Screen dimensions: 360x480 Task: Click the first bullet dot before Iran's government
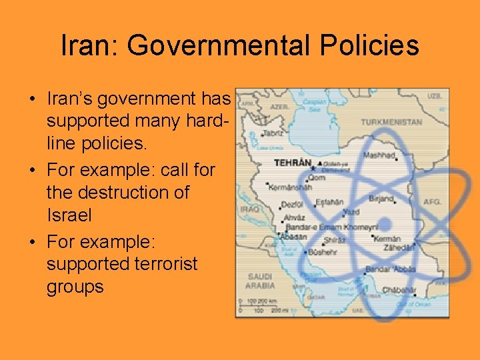[x=32, y=99]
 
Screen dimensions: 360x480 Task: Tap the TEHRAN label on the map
[x=294, y=162]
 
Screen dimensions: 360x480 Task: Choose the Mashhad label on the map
[x=379, y=155]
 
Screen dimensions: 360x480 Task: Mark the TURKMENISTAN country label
[x=391, y=123]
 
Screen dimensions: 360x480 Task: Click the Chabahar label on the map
[x=399, y=290]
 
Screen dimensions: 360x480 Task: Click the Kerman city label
[x=387, y=239]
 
